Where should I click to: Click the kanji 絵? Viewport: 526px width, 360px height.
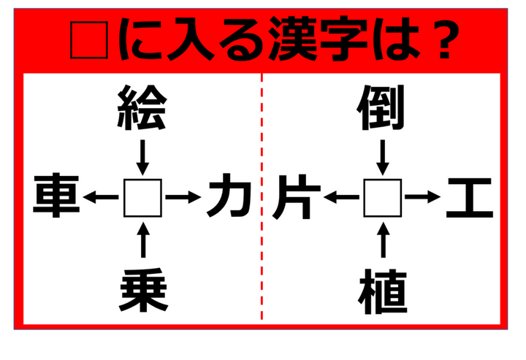click(142, 107)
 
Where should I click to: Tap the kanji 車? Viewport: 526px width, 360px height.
click(56, 196)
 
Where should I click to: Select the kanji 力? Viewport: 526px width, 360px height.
click(229, 196)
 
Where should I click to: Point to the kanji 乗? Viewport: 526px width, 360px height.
click(143, 291)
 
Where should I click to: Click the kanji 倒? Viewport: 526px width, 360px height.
click(381, 107)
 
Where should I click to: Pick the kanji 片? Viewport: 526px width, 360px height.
click(296, 196)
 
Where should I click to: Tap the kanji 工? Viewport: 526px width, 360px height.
click(470, 197)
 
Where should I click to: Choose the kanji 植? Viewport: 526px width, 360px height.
click(383, 291)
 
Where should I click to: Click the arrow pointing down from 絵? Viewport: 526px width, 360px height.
click(143, 158)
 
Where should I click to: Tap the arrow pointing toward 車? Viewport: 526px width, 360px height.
click(101, 197)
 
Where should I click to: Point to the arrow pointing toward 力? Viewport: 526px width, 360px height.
click(183, 197)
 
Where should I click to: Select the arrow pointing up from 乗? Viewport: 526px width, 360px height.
click(143, 240)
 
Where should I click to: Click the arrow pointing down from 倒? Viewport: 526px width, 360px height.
click(383, 158)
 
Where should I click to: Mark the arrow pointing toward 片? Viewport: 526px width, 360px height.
click(341, 197)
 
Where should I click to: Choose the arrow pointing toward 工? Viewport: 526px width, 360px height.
click(423, 197)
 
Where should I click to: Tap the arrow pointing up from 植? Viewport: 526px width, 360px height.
click(383, 240)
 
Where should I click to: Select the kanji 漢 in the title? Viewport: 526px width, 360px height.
click(293, 39)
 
